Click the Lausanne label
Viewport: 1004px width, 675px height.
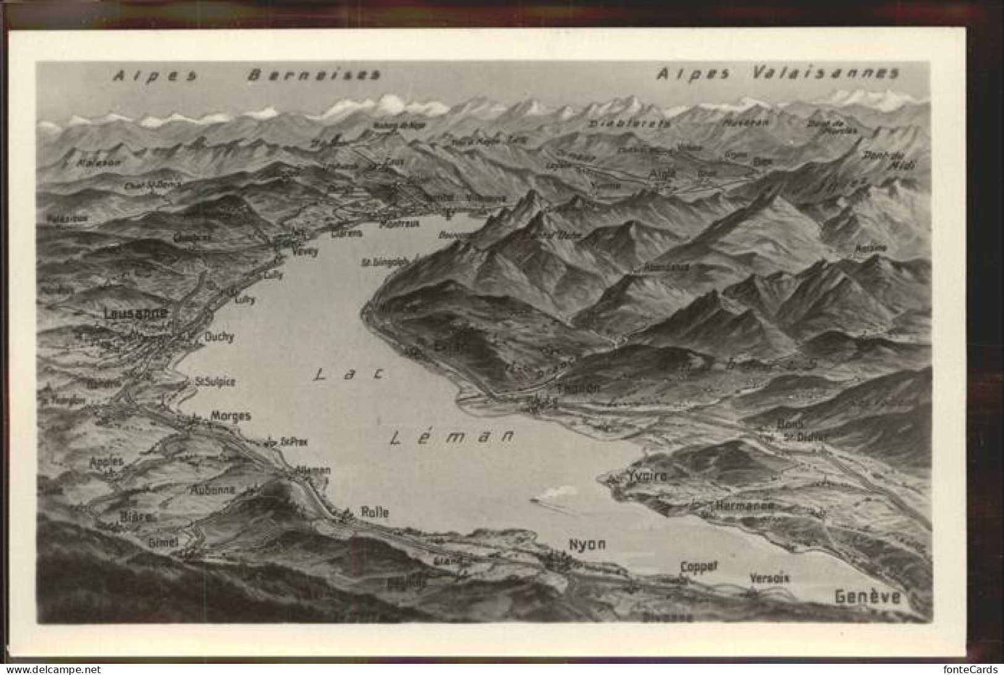(137, 313)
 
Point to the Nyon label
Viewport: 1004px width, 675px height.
(587, 545)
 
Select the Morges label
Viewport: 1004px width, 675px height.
(231, 416)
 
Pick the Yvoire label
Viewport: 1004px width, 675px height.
(646, 476)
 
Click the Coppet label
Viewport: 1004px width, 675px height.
(699, 566)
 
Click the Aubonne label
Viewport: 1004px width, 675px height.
(213, 490)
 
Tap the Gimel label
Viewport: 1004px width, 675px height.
(163, 541)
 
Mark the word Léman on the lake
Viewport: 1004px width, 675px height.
(452, 437)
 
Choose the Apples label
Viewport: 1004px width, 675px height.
(106, 462)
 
